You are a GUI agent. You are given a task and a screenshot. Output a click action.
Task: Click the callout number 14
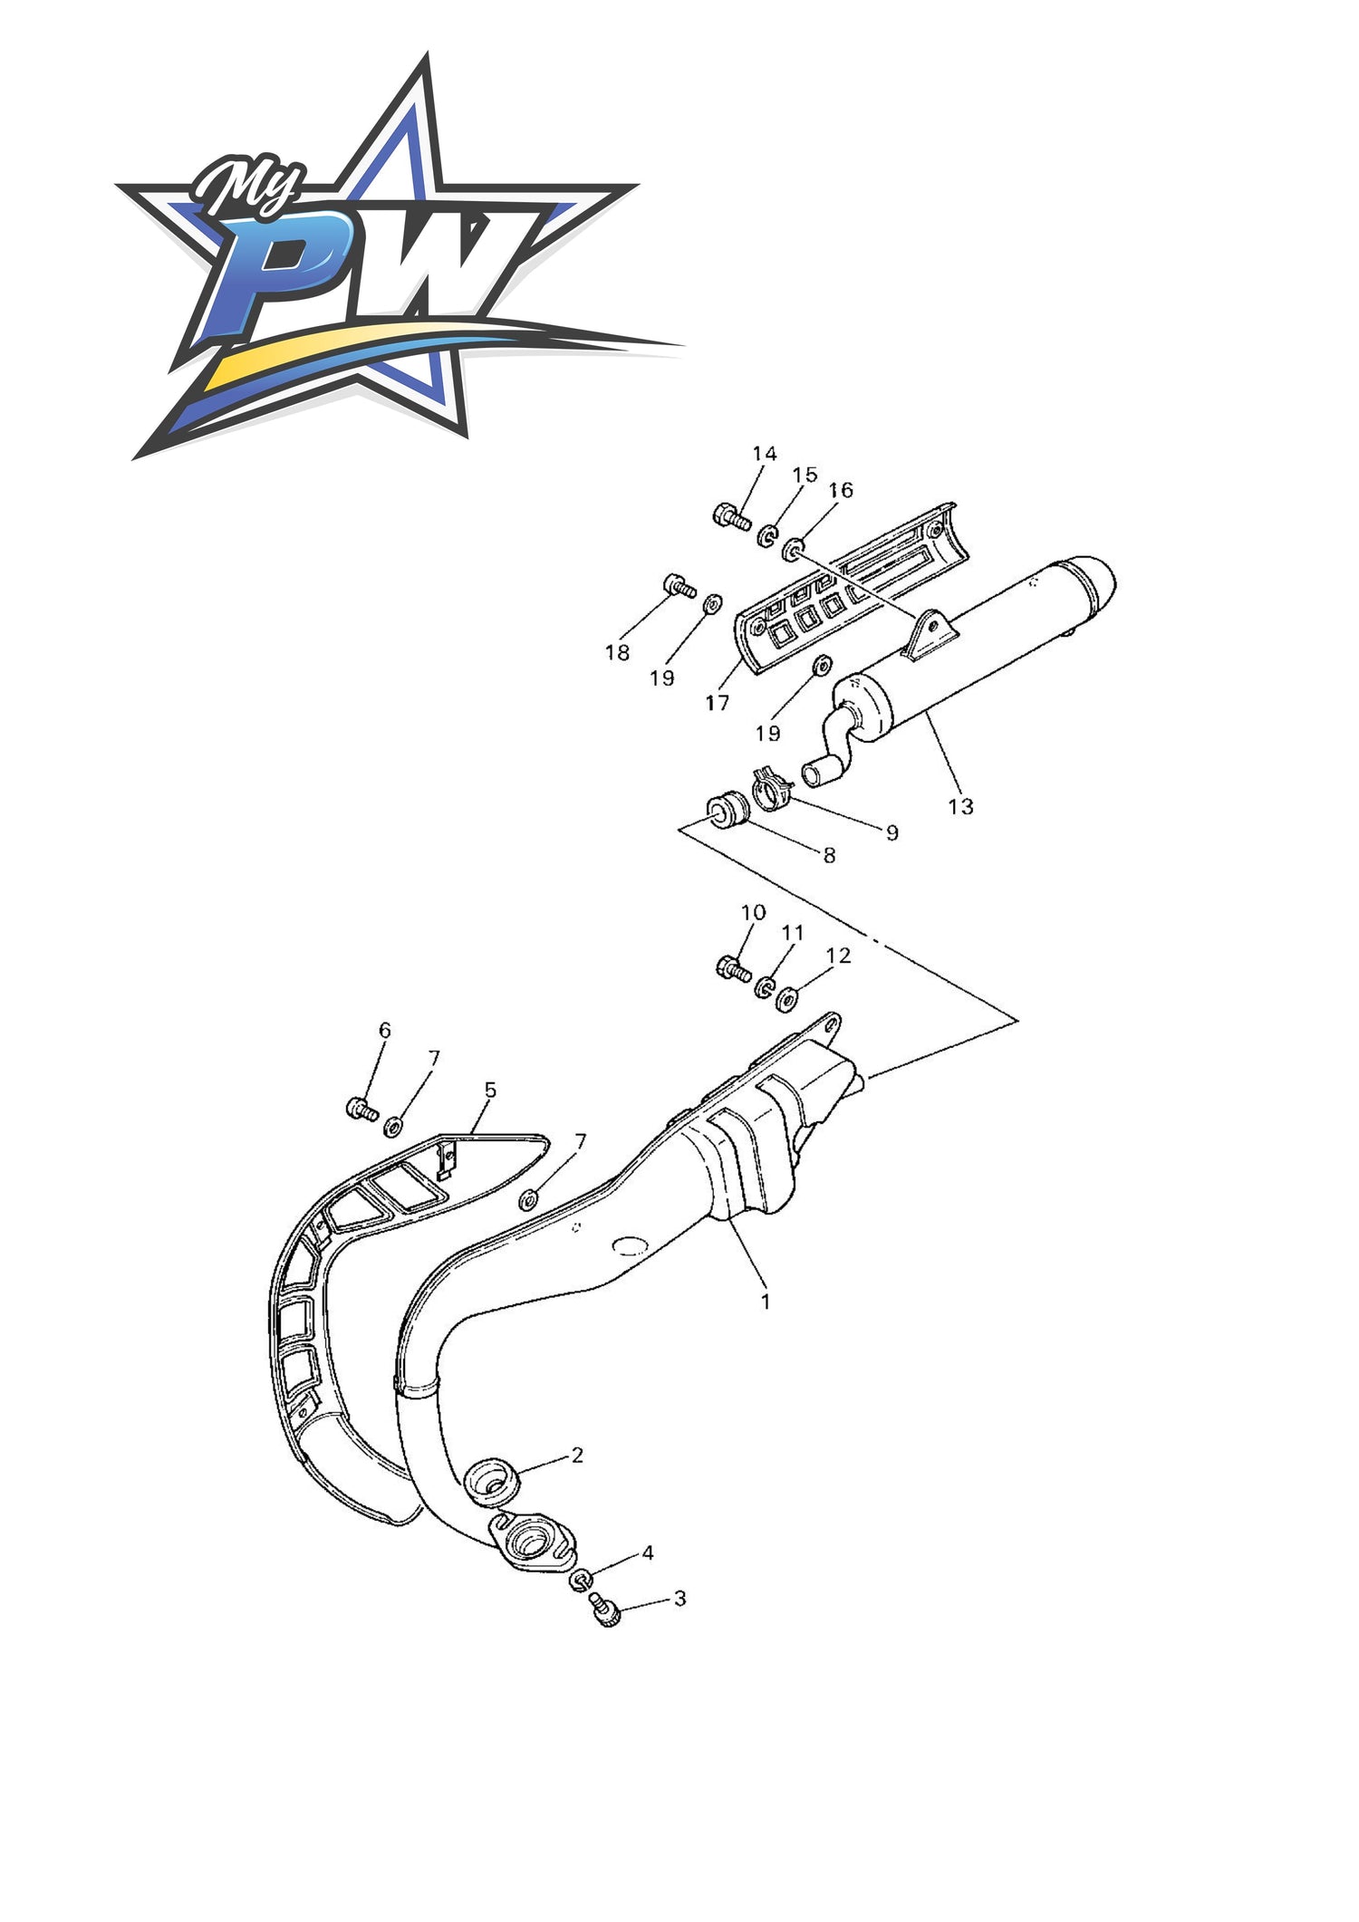[765, 454]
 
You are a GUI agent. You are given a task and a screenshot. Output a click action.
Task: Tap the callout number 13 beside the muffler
[960, 805]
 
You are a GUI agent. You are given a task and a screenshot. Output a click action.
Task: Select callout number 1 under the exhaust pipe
[766, 1302]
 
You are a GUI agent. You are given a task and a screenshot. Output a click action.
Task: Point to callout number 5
[490, 1089]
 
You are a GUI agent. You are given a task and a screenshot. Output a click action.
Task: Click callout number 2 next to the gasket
[577, 1455]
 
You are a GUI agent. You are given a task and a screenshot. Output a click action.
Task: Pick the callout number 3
[679, 1599]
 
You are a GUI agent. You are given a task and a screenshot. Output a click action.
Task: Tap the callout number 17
[717, 703]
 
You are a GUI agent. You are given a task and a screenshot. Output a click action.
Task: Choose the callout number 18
[617, 652]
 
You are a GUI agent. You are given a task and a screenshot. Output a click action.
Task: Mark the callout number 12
[839, 955]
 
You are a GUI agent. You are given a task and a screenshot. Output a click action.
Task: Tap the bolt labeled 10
[734, 968]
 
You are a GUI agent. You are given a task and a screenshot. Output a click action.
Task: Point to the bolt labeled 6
[362, 1108]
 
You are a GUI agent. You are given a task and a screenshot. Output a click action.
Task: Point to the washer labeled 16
[794, 549]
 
